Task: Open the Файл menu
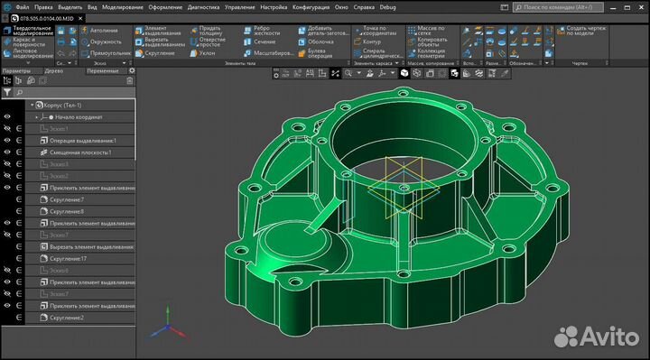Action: [x=22, y=5]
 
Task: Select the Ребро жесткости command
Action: [x=258, y=32]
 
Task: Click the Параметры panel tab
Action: [x=17, y=70]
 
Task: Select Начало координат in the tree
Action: [x=79, y=117]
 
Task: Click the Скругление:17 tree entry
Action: [x=72, y=258]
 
